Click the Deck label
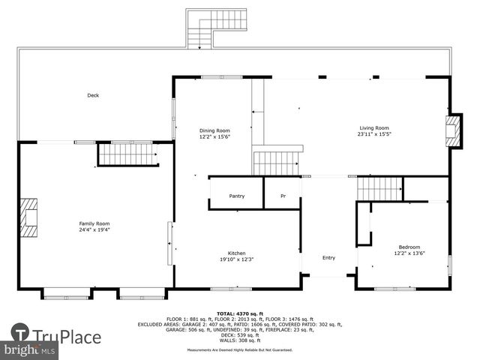pyautogui.click(x=93, y=95)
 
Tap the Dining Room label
pyautogui.click(x=214, y=130)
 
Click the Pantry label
pyautogui.click(x=237, y=196)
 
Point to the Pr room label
pyautogui.click(x=283, y=196)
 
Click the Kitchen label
pyautogui.click(x=237, y=253)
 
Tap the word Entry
pyautogui.click(x=328, y=258)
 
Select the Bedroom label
pyautogui.click(x=409, y=247)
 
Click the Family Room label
pyautogui.click(x=94, y=223)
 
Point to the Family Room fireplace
pyautogui.click(x=29, y=217)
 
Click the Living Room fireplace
pyautogui.click(x=453, y=132)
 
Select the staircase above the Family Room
pyautogui.click(x=127, y=154)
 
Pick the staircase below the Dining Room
pyautogui.click(x=277, y=162)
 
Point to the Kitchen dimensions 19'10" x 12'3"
pyautogui.click(x=237, y=259)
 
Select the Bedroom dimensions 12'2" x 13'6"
pyautogui.click(x=409, y=253)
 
